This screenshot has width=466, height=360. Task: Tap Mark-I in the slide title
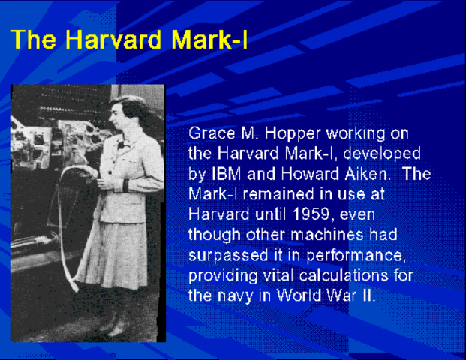click(211, 40)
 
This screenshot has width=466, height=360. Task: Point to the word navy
click(233, 295)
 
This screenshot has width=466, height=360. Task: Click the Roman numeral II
click(365, 295)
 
